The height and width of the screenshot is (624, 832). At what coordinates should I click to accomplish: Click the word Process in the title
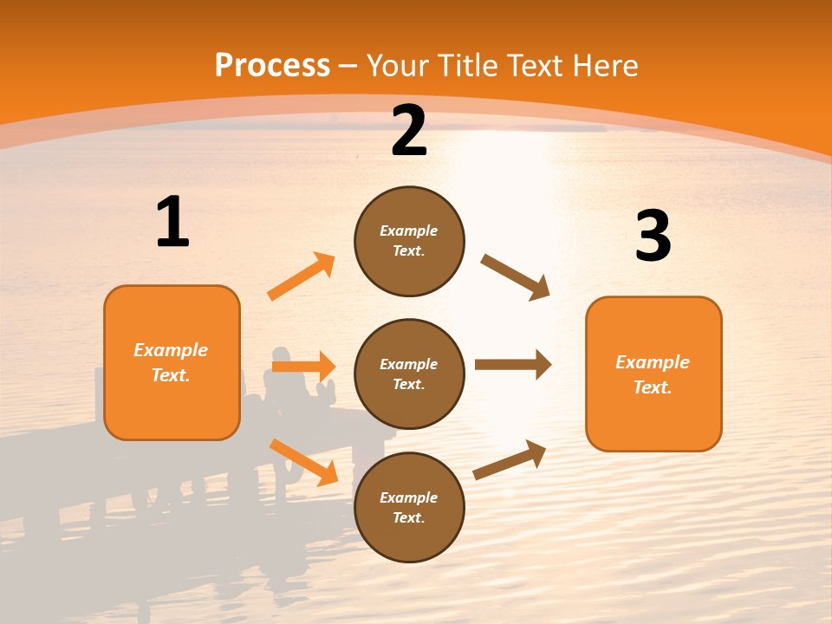coord(272,66)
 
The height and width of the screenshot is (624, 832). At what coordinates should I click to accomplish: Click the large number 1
coord(172,223)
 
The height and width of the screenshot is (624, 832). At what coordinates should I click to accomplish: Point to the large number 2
coord(409,131)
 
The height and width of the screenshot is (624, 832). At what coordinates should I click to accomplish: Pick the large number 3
coord(653,236)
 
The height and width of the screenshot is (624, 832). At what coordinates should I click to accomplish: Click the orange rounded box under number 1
coord(172,362)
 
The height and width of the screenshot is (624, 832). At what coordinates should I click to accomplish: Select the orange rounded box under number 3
coord(653,374)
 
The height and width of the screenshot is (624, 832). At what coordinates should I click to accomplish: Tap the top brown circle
coord(409,241)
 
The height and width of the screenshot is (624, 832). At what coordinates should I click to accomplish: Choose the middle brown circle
coord(409,374)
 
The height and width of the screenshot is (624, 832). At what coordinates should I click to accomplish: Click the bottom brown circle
coord(409,507)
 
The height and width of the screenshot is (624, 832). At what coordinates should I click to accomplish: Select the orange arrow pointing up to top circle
coord(301,276)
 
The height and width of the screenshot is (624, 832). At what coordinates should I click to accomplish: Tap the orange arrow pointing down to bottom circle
coord(303,462)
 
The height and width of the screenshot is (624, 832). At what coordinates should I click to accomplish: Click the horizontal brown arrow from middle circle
coord(513,365)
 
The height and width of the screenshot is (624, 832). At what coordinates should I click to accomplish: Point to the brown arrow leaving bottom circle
coord(510,459)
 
